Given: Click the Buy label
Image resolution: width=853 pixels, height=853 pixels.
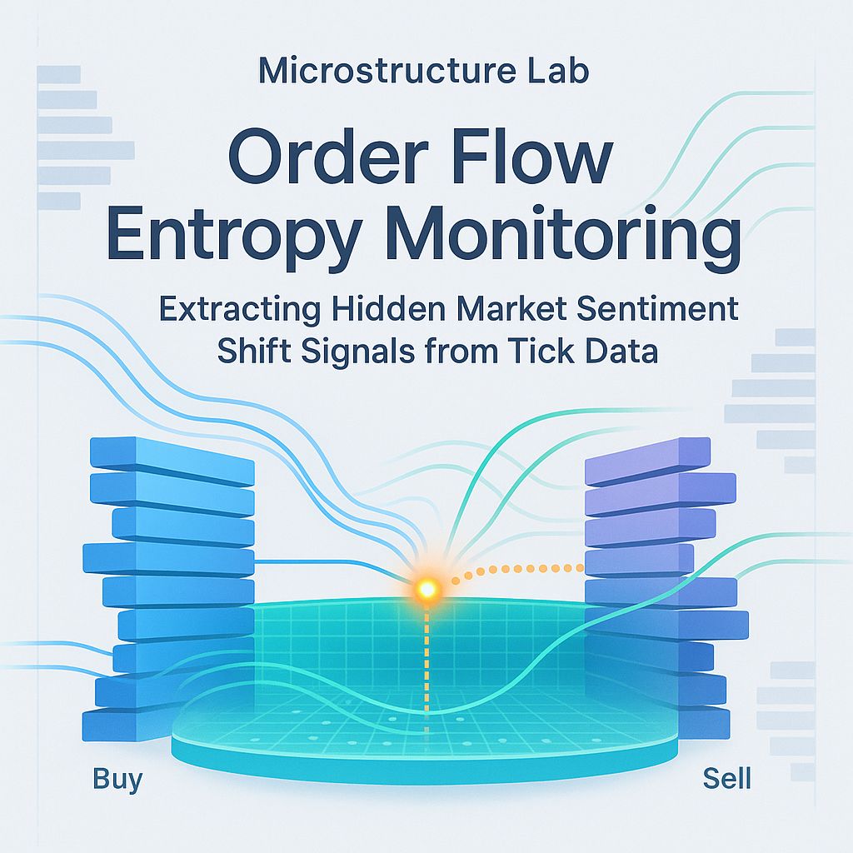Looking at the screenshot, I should pos(117,780).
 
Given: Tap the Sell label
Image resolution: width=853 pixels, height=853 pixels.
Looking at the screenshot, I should pos(726,780).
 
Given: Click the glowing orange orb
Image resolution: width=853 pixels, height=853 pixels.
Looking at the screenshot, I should pos(427,589).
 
